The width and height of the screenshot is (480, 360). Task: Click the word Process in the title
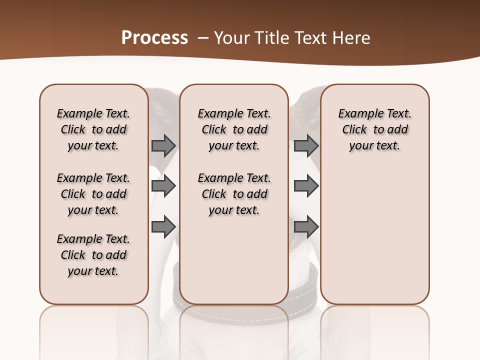pyautogui.click(x=154, y=38)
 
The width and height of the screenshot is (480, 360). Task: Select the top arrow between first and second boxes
pyautogui.click(x=163, y=145)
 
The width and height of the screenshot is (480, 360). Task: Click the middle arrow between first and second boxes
pyautogui.click(x=163, y=186)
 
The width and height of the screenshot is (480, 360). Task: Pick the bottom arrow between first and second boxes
pyautogui.click(x=163, y=226)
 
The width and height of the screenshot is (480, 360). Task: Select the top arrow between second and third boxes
pyautogui.click(x=306, y=145)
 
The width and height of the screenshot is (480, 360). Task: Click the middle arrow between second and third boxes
pyautogui.click(x=306, y=186)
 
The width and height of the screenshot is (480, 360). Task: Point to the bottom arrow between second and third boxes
pyautogui.click(x=306, y=226)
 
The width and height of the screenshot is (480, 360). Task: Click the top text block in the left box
pyautogui.click(x=93, y=129)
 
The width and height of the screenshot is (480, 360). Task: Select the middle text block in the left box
pyautogui.click(x=93, y=194)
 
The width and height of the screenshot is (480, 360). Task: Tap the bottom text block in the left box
pyautogui.click(x=93, y=255)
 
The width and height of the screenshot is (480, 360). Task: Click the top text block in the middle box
pyautogui.click(x=234, y=129)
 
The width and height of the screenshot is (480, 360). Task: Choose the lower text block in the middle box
pyautogui.click(x=234, y=194)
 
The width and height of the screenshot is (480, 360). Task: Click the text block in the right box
pyautogui.click(x=374, y=129)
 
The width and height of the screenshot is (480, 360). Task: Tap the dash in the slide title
pyautogui.click(x=202, y=38)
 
